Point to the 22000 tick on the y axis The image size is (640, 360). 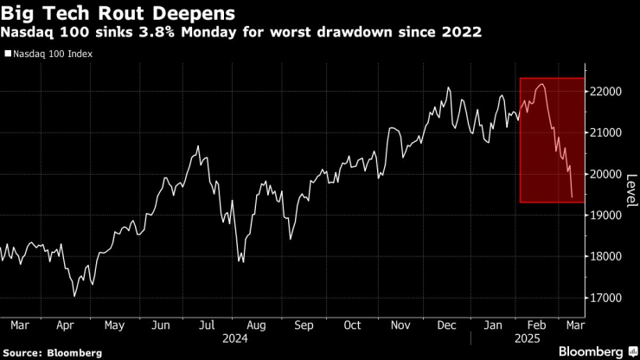point(607,92)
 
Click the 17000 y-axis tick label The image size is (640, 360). point(607,298)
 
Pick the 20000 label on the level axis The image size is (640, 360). point(607,174)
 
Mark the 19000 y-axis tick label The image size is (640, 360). point(607,215)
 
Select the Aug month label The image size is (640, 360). point(256,325)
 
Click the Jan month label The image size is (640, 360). point(494,325)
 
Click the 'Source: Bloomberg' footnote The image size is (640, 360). point(52,353)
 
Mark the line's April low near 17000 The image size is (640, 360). point(74,296)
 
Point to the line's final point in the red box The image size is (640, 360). point(573,197)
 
